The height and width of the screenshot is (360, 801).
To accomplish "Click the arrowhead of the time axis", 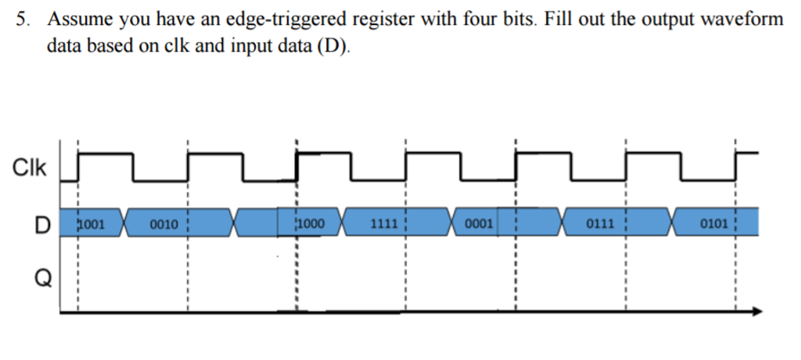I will (x=755, y=311).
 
